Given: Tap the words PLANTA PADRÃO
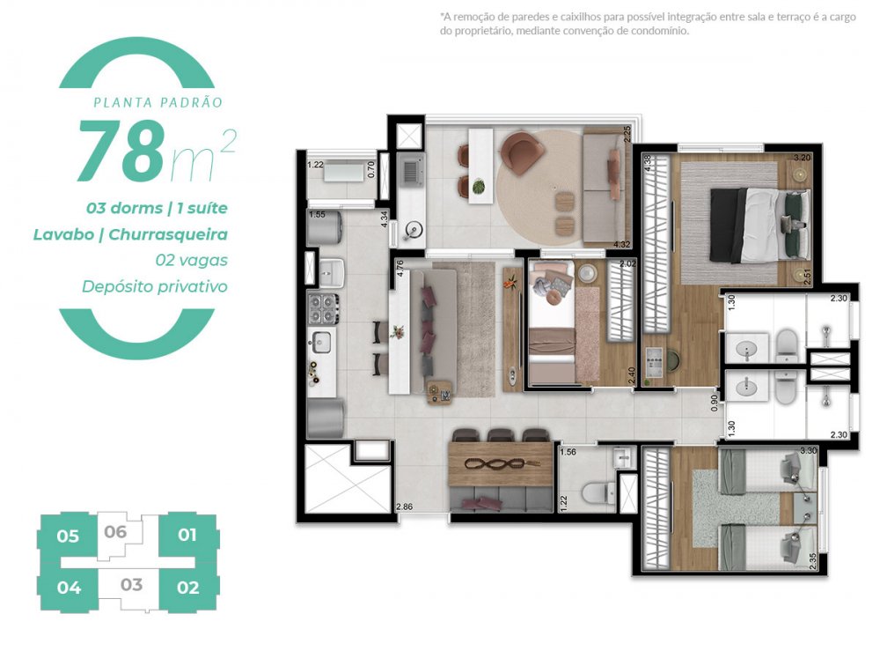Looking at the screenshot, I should pos(158,102).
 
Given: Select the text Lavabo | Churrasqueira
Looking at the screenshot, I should pos(130,234).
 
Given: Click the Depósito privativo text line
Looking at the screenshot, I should pos(154,286).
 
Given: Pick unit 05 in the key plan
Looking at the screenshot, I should pos(68,536).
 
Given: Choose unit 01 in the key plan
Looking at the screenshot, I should pos(187,534).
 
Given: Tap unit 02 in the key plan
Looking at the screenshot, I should pos(187,588).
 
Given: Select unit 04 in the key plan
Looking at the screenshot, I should pos(68,588).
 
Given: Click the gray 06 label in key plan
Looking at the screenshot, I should pos(115,531).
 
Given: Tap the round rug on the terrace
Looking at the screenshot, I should pos(538,181).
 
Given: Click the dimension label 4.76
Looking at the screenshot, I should pos(400,267).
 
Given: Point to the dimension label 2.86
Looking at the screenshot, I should pos(405,507).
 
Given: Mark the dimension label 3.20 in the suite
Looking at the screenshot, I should pos(802,158).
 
